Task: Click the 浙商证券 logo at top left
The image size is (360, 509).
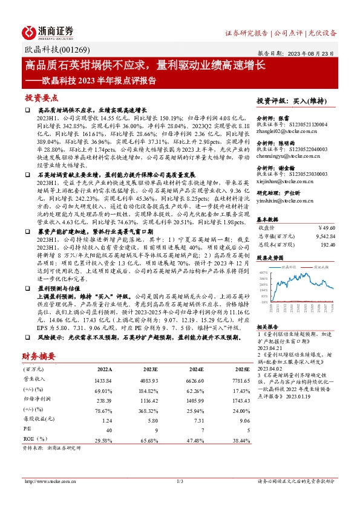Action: [x=48, y=32]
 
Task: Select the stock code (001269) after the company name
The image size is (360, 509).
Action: [x=76, y=50]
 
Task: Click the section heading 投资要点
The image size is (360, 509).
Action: [x=42, y=97]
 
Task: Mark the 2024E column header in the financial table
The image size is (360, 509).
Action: [x=196, y=369]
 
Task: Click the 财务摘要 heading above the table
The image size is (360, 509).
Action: [x=39, y=355]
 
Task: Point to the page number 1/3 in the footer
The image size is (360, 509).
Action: [x=180, y=481]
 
